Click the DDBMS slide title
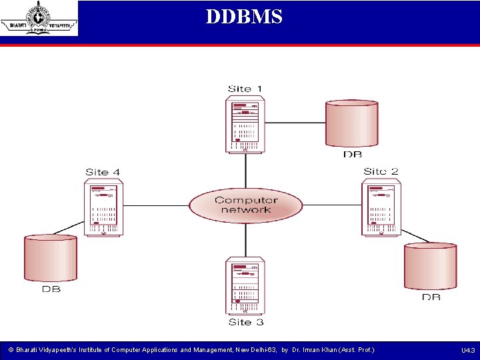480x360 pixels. point(244,17)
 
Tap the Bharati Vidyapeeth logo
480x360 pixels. point(39,18)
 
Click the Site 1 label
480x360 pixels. point(245,89)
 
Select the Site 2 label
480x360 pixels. point(381,171)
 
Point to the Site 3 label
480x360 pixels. point(245,322)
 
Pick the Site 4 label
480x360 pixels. point(103,172)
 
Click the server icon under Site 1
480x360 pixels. point(245,124)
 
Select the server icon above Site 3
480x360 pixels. point(245,285)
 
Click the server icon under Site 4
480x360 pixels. point(103,208)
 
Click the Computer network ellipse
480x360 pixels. point(245,205)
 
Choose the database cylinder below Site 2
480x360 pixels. point(431,265)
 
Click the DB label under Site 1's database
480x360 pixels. point(352,155)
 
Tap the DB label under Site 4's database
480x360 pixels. point(51,289)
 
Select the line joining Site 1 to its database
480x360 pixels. point(295,123)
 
